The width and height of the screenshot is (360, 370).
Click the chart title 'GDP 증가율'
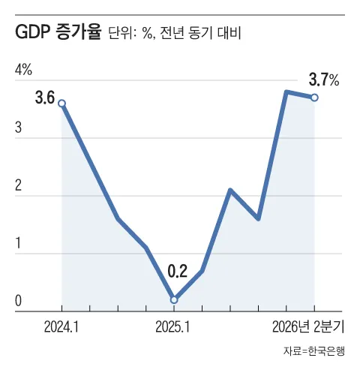click(x=58, y=32)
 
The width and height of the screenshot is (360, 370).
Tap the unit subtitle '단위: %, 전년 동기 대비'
click(x=175, y=33)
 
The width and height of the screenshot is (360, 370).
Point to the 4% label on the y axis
click(x=23, y=70)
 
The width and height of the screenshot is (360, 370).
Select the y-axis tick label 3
click(x=19, y=128)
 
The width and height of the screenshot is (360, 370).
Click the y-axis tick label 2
click(x=19, y=185)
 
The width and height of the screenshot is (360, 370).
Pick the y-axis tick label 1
click(x=18, y=243)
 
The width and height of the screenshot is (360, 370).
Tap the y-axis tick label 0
click(x=19, y=301)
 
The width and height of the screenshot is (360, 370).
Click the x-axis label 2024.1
click(x=61, y=326)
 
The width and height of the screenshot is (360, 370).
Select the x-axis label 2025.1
click(x=172, y=326)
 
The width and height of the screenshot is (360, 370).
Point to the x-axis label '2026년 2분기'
click(x=308, y=326)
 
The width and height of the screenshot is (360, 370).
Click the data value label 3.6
click(x=45, y=98)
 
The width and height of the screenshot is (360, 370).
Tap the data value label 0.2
click(x=177, y=271)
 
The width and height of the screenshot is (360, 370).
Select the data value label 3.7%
click(x=324, y=80)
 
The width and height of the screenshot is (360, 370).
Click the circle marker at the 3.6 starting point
click(x=61, y=104)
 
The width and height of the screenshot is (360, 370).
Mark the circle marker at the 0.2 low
click(x=174, y=299)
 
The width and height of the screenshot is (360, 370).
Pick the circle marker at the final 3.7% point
click(x=314, y=98)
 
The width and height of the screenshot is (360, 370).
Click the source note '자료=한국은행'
click(x=314, y=350)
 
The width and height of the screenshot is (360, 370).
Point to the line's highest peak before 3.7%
click(x=286, y=92)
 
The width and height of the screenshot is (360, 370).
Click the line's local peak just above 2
click(x=230, y=190)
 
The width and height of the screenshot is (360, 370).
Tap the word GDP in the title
click(x=31, y=32)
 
